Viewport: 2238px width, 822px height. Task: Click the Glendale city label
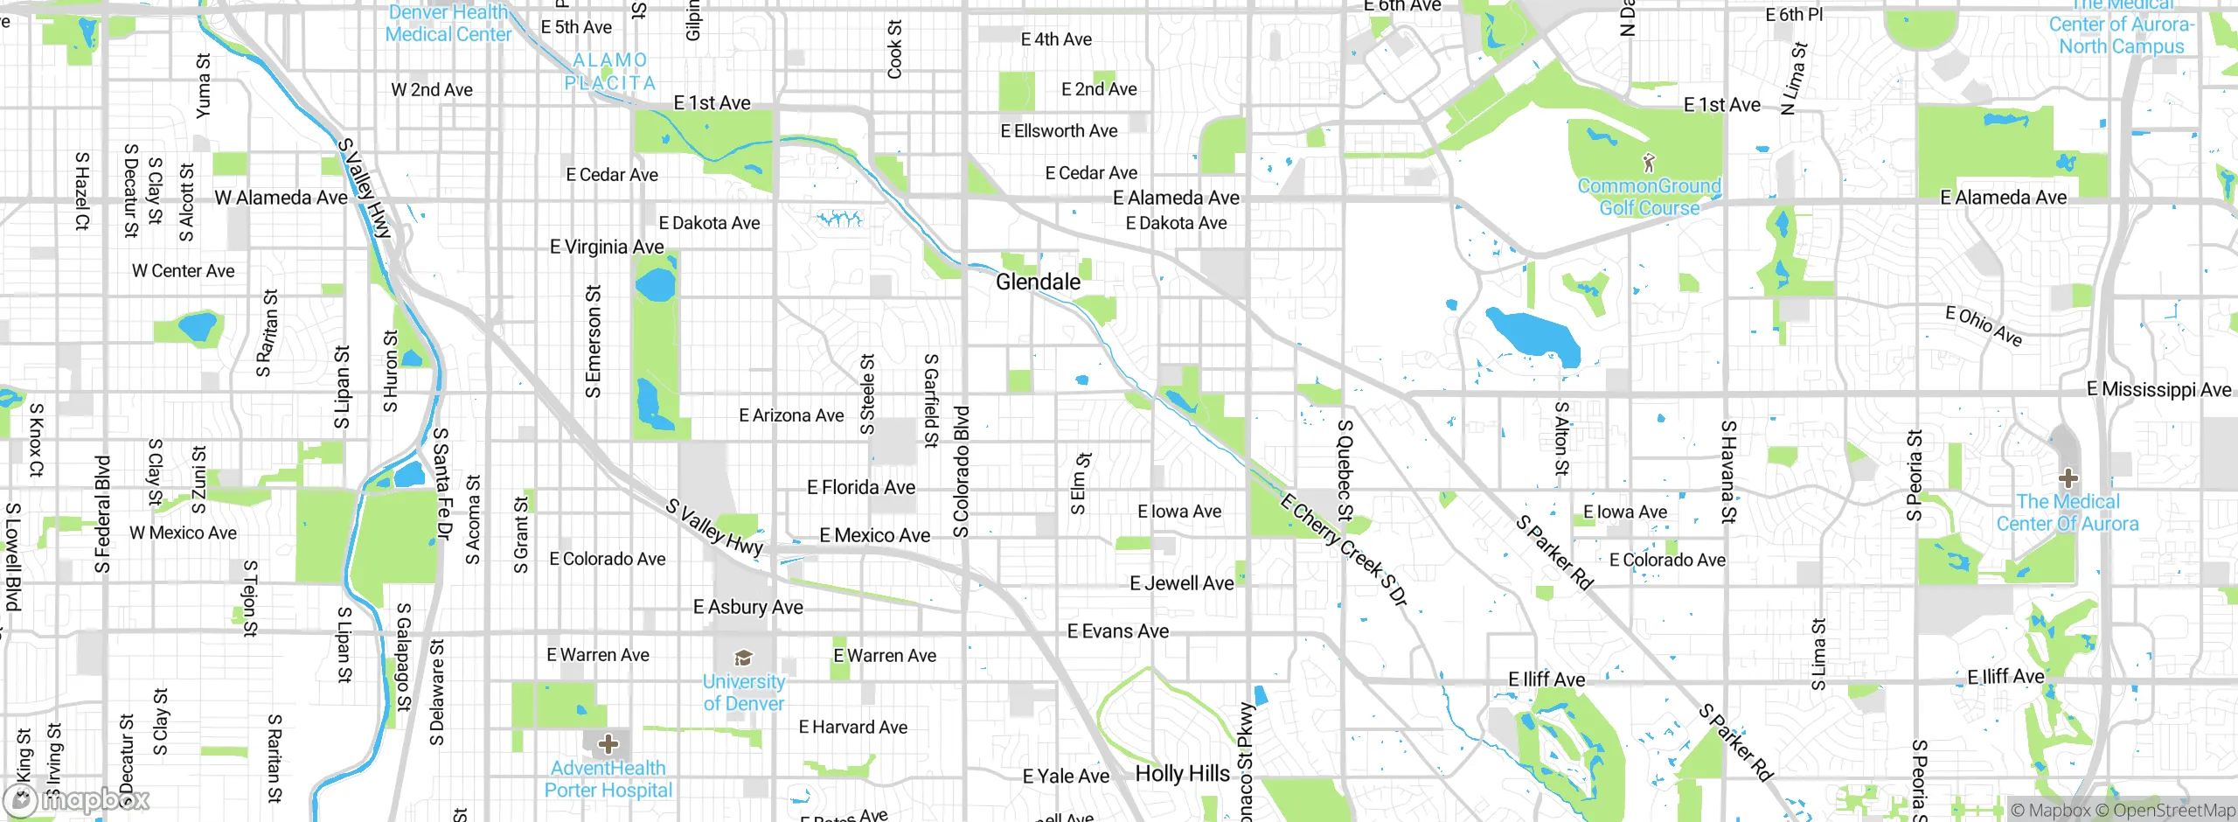[x=1038, y=282]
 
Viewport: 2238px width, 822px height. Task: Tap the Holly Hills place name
[x=1182, y=774]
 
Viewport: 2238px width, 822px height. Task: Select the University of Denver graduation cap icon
[x=743, y=658]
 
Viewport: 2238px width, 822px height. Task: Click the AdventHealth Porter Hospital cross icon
[x=608, y=744]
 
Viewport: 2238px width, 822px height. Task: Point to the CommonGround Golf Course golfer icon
[x=1649, y=163]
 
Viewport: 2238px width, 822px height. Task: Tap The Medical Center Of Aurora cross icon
[x=2068, y=478]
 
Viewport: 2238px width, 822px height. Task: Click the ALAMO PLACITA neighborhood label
[x=610, y=72]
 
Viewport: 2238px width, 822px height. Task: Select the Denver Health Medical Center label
[x=448, y=24]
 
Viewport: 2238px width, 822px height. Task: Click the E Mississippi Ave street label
[x=2158, y=389]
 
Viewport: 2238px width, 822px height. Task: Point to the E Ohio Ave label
[x=1984, y=326]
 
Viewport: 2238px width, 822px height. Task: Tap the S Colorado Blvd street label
[x=962, y=472]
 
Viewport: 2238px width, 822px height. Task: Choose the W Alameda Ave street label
[x=281, y=198]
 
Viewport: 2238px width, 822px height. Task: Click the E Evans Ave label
[x=1117, y=631]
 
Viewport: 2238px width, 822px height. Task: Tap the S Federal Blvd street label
[x=102, y=514]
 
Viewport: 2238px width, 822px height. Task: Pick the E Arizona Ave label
[x=791, y=415]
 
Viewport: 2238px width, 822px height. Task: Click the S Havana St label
[x=1727, y=471]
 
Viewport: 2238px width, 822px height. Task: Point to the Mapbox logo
[x=77, y=799]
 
